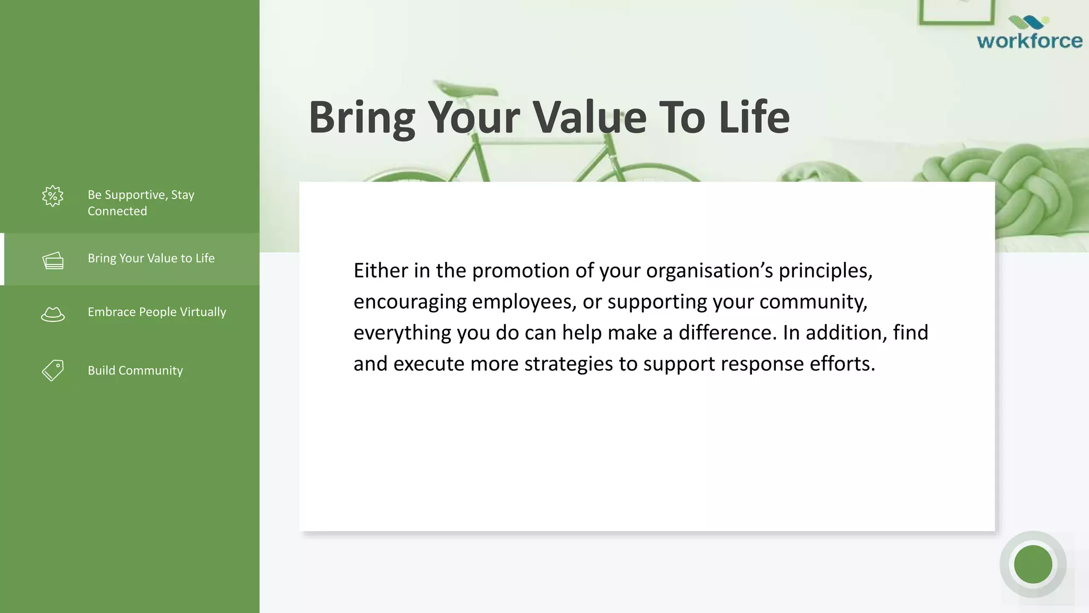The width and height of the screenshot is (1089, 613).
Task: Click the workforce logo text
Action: click(1029, 41)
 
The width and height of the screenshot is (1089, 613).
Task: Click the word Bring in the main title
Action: click(362, 118)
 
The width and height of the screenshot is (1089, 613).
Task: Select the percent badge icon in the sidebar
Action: click(53, 196)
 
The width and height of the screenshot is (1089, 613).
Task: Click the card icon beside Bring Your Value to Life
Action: click(53, 260)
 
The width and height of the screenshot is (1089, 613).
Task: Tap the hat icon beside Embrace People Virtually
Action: click(53, 314)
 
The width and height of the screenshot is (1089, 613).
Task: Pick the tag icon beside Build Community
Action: click(53, 370)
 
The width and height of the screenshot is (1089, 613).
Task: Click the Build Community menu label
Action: click(135, 370)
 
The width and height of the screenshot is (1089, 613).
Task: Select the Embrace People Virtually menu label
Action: click(157, 312)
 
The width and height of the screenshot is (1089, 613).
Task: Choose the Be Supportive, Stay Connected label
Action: click(140, 203)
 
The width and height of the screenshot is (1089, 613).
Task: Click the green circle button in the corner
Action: click(1033, 564)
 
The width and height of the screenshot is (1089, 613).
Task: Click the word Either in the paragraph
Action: click(381, 271)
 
